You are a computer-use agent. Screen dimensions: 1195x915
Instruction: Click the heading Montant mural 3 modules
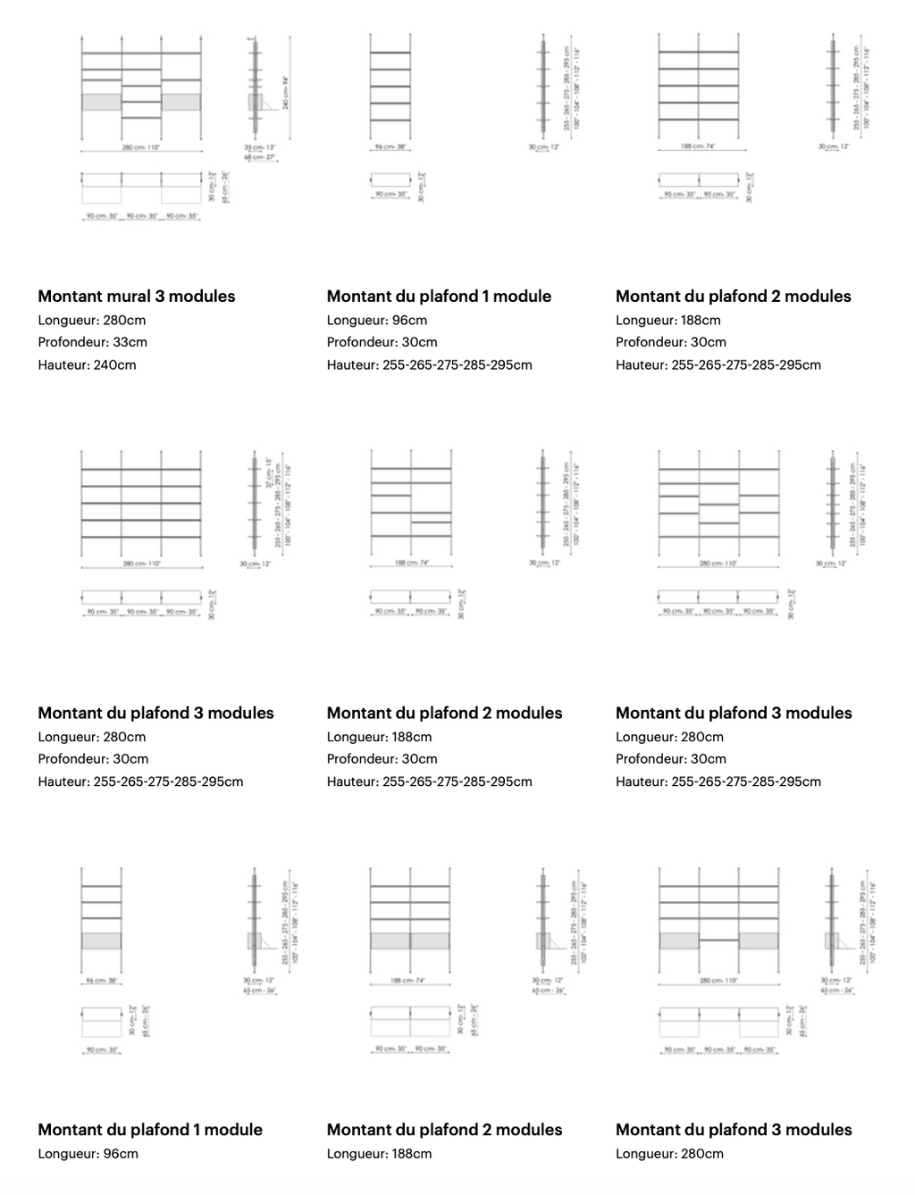coord(137,297)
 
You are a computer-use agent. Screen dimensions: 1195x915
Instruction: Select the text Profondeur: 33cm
coord(92,342)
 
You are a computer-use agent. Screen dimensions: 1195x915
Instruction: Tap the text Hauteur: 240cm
coord(87,364)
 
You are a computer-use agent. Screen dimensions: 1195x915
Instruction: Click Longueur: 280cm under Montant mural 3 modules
coord(91,320)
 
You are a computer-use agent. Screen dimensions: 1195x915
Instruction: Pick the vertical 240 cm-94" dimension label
coord(286,92)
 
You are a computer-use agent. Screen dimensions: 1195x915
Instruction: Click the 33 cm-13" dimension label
coord(259,147)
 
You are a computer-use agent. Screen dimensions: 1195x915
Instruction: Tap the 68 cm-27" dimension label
coord(260,157)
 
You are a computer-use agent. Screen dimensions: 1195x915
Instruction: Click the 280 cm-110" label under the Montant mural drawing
coord(141,148)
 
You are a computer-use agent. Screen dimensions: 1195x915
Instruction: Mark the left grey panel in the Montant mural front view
coord(101,102)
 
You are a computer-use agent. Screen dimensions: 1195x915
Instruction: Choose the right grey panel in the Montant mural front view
coord(181,102)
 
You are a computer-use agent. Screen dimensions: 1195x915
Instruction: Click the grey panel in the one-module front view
coord(101,940)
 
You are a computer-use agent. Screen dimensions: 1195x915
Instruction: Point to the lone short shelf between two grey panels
coord(718,940)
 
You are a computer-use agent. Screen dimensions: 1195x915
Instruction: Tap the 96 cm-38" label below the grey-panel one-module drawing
coord(101,981)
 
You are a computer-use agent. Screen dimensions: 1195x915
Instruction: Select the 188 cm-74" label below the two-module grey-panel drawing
coord(409,981)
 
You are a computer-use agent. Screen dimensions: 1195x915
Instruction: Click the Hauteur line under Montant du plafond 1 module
coord(429,364)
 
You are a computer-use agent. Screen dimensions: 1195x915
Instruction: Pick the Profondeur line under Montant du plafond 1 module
coord(382,342)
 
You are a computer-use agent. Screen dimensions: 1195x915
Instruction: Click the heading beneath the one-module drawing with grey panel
coord(150,1130)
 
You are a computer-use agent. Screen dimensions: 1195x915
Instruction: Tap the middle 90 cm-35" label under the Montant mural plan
coord(141,217)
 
